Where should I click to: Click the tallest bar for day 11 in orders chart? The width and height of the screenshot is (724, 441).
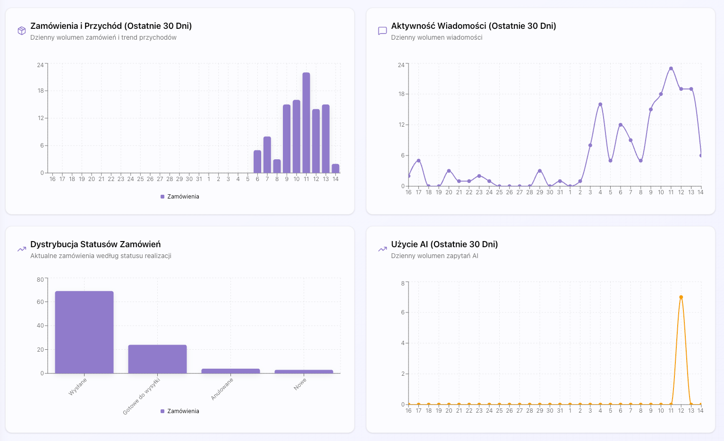(x=306, y=123)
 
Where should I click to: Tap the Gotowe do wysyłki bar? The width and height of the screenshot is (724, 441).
(x=157, y=359)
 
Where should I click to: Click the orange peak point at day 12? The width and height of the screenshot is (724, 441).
(x=681, y=297)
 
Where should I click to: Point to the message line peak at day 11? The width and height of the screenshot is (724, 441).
(x=671, y=69)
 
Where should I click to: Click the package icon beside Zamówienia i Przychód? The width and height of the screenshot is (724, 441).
(x=22, y=31)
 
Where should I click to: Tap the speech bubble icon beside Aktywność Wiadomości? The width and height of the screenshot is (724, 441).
(x=383, y=31)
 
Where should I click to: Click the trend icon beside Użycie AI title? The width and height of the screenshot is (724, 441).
(x=383, y=249)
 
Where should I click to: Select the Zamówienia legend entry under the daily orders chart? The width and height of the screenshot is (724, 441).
(x=180, y=197)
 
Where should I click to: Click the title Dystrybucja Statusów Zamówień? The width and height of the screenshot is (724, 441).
(x=95, y=244)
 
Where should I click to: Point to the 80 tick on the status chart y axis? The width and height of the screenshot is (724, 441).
(x=41, y=280)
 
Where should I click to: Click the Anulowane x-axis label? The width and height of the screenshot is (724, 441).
(x=222, y=389)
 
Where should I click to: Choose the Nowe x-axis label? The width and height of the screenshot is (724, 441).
(x=300, y=384)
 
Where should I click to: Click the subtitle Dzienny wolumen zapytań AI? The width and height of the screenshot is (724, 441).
(x=434, y=256)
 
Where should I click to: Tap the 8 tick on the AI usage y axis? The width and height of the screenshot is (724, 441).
(x=403, y=284)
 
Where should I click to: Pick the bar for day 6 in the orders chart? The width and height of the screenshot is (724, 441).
(x=257, y=162)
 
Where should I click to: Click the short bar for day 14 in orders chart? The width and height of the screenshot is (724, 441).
(x=335, y=168)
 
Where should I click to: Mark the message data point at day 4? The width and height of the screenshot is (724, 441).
(x=600, y=104)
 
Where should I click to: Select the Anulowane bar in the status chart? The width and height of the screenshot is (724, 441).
(x=230, y=371)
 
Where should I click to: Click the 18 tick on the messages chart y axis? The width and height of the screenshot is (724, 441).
(x=401, y=94)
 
